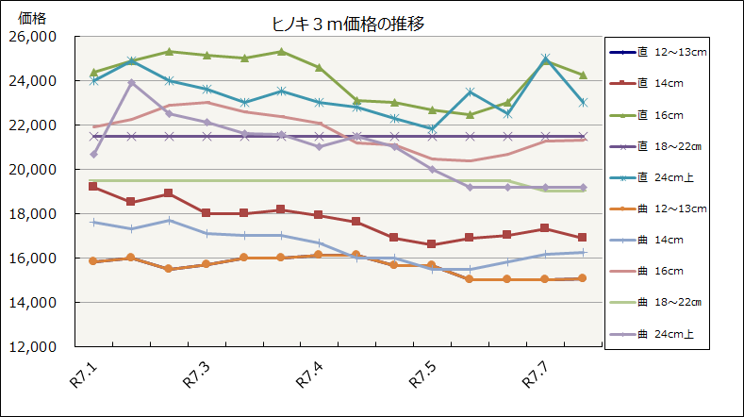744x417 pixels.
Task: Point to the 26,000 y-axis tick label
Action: [32, 37]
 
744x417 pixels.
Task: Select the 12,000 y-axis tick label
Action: [32, 346]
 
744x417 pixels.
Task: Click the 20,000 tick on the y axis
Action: [32, 170]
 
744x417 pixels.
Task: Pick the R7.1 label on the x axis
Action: [84, 376]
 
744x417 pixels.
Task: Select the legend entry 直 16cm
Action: [666, 114]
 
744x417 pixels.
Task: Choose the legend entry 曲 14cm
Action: [666, 239]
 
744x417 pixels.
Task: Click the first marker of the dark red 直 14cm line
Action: [92, 187]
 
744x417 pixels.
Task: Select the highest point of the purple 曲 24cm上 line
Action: [131, 83]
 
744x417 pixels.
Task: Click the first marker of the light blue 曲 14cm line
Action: [92, 222]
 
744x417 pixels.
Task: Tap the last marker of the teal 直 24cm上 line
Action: [583, 102]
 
